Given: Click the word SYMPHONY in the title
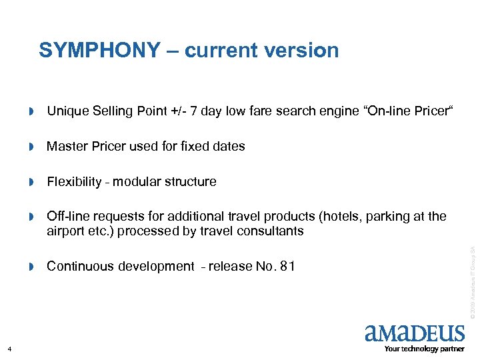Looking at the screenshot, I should pyautogui.click(x=99, y=50).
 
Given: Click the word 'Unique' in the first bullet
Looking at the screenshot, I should pyautogui.click(x=67, y=111).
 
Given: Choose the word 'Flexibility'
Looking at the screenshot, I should pyautogui.click(x=74, y=181).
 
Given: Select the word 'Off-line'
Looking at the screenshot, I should pyautogui.click(x=68, y=217).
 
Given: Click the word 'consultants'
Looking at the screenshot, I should pyautogui.click(x=269, y=231).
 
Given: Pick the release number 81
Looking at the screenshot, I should pyautogui.click(x=286, y=267).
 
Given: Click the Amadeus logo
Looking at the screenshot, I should pyautogui.click(x=415, y=333).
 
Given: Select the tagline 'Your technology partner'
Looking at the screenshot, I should pyautogui.click(x=424, y=349).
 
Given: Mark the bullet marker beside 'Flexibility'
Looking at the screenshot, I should pyautogui.click(x=31, y=182).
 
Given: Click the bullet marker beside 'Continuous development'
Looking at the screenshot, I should pyautogui.click(x=31, y=267).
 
